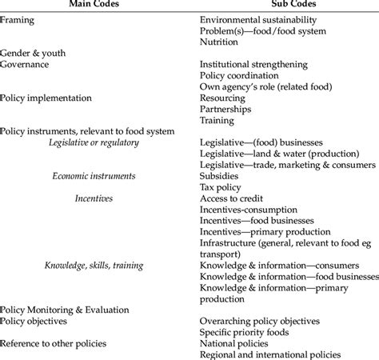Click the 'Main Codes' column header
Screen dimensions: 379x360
click(x=94, y=6)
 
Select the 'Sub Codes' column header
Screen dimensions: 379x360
click(x=271, y=6)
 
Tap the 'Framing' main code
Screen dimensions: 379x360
click(x=18, y=18)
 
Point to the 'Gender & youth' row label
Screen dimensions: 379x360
click(x=34, y=52)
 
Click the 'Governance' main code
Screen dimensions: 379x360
click(x=25, y=63)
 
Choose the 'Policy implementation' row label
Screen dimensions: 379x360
click(x=46, y=98)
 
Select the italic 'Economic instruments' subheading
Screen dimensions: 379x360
click(x=94, y=175)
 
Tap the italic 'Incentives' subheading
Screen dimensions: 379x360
click(x=94, y=198)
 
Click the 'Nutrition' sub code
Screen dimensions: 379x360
click(x=220, y=41)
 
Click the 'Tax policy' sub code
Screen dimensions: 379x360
click(x=221, y=186)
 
